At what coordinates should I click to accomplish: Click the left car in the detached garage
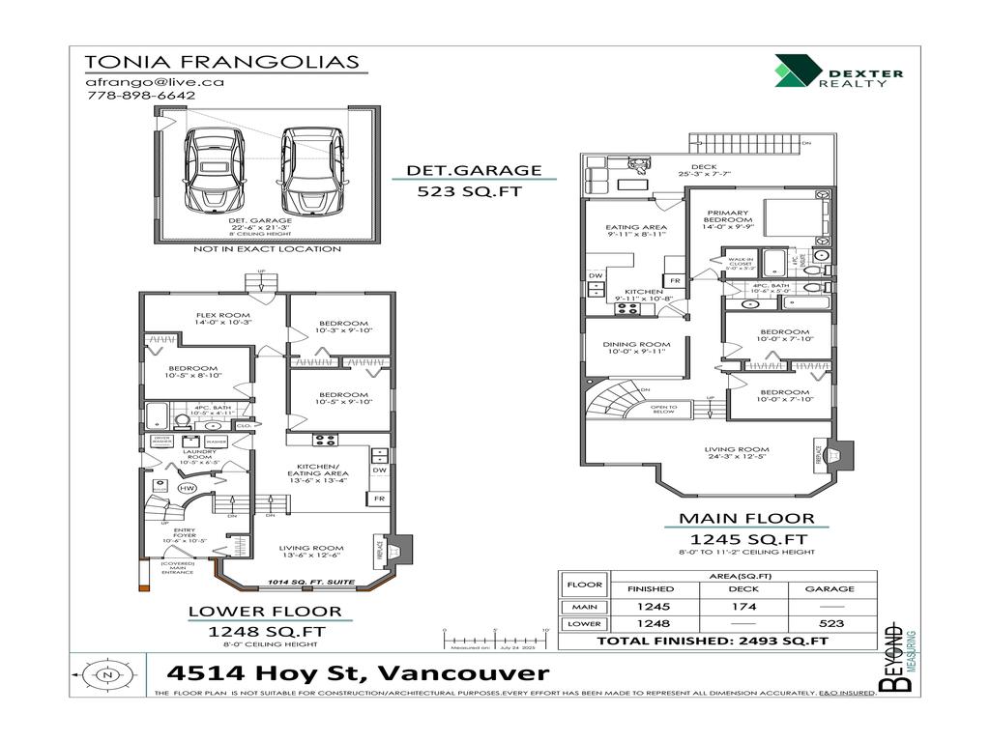[x=218, y=172]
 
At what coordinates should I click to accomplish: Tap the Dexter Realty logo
[x=837, y=72]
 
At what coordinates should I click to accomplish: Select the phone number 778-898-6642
[x=140, y=96]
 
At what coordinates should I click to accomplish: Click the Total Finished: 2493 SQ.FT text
[x=712, y=641]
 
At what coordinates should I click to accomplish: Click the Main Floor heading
[x=745, y=519]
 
